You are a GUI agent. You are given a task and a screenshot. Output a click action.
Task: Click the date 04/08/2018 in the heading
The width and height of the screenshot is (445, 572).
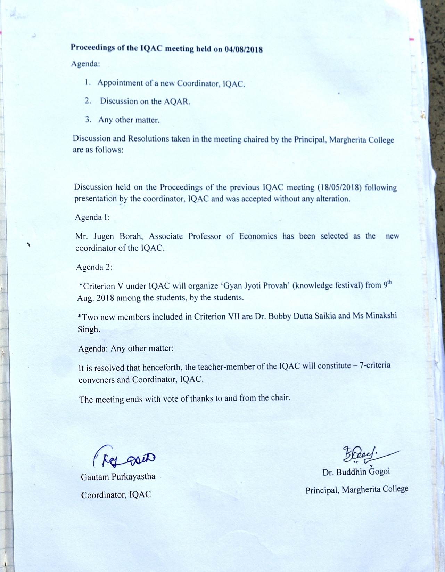tap(244, 49)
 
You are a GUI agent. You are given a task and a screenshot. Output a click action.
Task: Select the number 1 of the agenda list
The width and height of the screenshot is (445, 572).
tap(87, 82)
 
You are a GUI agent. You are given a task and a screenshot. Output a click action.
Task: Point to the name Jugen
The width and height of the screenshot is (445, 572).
tap(104, 236)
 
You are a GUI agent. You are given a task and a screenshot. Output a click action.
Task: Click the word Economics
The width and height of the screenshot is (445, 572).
tap(258, 236)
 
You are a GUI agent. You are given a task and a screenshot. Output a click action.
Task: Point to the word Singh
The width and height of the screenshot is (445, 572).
tap(89, 329)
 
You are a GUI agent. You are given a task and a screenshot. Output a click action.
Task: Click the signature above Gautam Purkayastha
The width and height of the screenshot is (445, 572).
tap(124, 458)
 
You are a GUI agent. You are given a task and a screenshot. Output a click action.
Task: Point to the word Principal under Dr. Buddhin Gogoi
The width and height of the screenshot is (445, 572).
tap(322, 490)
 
